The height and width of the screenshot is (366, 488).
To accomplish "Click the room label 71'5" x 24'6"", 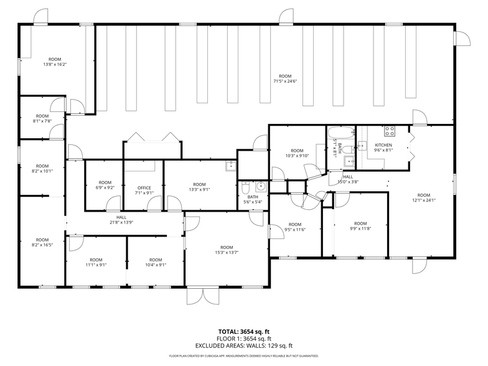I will [284, 78].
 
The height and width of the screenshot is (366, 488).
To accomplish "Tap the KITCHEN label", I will [383, 147].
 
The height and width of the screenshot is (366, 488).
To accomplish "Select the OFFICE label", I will [144, 190].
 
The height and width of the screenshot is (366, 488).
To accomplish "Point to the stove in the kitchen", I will [390, 131].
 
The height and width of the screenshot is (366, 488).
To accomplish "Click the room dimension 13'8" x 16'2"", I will [55, 62].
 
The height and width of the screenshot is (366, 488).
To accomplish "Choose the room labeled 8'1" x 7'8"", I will [42, 119].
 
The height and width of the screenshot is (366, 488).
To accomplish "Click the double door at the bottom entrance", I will [200, 296].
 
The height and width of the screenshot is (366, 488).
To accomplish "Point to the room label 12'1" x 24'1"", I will [423, 197].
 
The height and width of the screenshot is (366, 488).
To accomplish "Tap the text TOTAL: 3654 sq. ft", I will [243, 331].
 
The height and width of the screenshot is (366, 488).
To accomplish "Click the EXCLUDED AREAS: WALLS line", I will [243, 345].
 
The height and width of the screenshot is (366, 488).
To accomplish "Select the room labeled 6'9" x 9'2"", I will [105, 185].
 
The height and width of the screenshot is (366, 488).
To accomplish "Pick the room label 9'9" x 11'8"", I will [360, 226].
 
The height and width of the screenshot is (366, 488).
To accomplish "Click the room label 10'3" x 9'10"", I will [296, 153].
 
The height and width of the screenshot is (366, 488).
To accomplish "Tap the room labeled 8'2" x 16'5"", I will [42, 243].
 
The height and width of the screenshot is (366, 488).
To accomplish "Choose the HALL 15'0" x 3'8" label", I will [348, 179].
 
